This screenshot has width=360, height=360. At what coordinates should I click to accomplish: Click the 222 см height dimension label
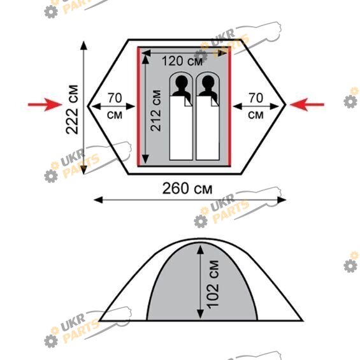(x=72, y=110)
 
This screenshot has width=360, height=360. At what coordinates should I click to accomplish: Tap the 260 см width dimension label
(x=187, y=189)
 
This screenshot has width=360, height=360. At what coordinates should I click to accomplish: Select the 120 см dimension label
(x=182, y=61)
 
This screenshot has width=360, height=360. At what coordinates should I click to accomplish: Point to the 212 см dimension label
(x=155, y=110)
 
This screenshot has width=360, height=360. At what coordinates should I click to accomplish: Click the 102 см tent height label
(x=212, y=285)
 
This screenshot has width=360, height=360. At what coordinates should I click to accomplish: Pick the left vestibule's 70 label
(x=115, y=98)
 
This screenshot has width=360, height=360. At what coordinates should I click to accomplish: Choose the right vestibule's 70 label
(x=256, y=98)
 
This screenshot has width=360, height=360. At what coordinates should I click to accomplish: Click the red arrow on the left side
(x=45, y=104)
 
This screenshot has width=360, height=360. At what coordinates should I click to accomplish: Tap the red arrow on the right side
(x=307, y=104)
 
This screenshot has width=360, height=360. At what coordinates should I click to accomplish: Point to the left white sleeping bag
(x=181, y=128)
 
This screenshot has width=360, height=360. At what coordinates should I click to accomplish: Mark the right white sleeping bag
(x=208, y=128)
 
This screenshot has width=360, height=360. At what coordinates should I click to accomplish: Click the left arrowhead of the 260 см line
(x=98, y=200)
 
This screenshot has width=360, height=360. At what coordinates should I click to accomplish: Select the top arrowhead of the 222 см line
(x=84, y=45)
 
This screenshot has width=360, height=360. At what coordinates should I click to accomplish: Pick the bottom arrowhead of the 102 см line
(x=201, y=314)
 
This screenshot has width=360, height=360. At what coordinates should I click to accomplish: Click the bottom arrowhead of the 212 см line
(x=145, y=159)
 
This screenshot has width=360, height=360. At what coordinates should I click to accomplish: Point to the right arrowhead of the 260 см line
(x=282, y=200)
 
